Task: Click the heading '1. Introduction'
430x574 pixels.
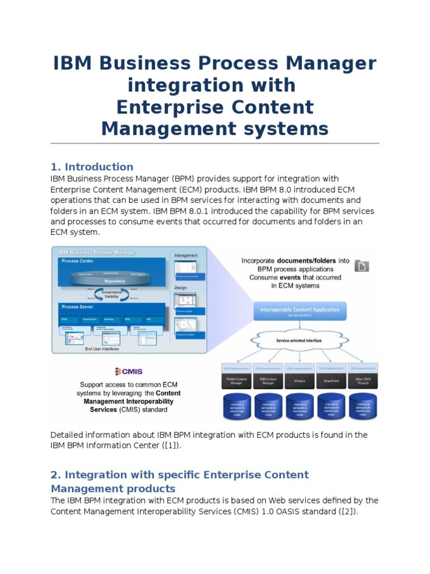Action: coord(92,166)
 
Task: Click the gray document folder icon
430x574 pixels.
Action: coord(362,266)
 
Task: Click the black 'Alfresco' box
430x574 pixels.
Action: coord(300,382)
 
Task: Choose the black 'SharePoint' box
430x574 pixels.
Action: coord(331,382)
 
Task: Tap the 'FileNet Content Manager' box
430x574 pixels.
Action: coord(236,382)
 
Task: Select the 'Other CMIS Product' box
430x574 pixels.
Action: coord(363,382)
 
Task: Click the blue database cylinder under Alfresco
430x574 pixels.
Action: coord(300,408)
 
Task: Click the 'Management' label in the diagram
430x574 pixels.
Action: coord(186,255)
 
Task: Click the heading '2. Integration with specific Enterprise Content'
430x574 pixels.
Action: coord(179,475)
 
